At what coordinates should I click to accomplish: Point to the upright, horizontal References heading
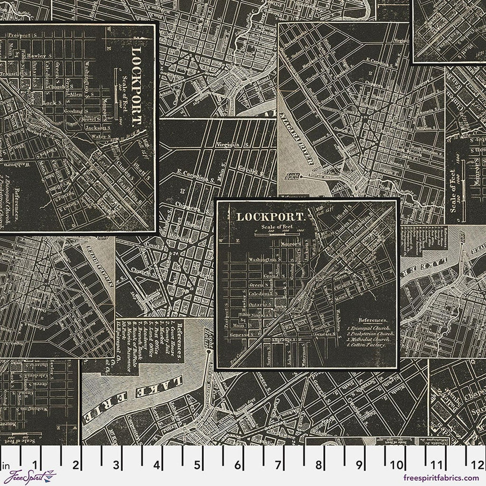pyautogui.click(x=372, y=320)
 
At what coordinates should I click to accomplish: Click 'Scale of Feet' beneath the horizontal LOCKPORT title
pyautogui.click(x=277, y=227)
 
